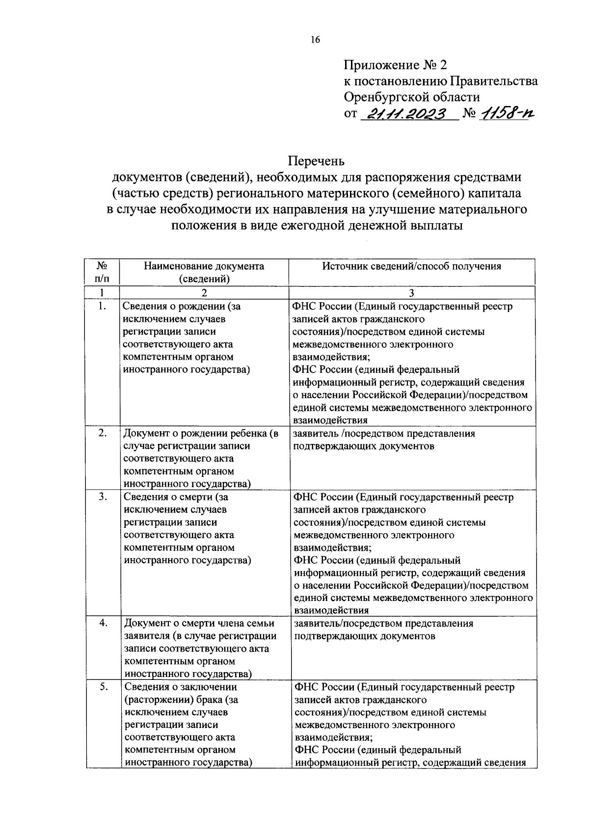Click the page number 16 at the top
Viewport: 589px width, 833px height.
coord(315,40)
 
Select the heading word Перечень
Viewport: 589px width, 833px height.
coord(316,161)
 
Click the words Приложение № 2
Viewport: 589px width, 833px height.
coord(396,65)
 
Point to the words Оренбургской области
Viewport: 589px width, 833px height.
coord(411,97)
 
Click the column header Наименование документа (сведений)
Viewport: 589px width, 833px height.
coord(204,272)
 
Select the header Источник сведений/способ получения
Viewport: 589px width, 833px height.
coord(411,266)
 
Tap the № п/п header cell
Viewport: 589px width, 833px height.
coord(102,272)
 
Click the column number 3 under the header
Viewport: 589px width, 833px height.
coord(411,293)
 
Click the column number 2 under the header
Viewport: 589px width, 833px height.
coord(204,293)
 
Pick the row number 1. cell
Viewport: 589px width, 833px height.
coord(102,307)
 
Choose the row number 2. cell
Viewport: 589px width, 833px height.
coord(103,433)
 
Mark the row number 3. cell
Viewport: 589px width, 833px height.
coord(103,496)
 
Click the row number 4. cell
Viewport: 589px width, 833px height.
coord(103,623)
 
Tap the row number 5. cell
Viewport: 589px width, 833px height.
coord(104,687)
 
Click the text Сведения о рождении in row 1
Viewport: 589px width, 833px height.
coord(174,307)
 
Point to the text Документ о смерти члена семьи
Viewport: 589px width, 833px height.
coord(199,624)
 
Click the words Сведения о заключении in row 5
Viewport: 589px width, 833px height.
coord(181,687)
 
